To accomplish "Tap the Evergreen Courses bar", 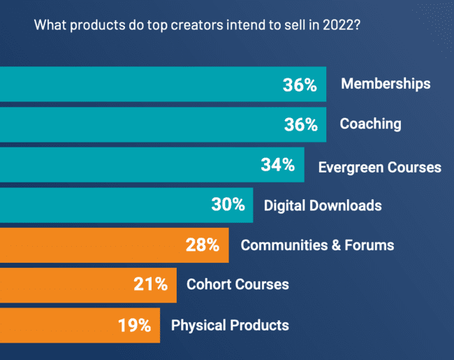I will [x=126, y=165].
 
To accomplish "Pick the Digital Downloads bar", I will [x=105, y=205].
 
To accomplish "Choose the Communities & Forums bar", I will [x=91, y=245].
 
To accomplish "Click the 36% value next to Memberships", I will [x=300, y=85].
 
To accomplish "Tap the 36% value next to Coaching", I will [x=300, y=125].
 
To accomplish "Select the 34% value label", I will [x=277, y=166].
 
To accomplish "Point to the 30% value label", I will [x=228, y=206].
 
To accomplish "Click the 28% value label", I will [x=203, y=245].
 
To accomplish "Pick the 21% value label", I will [x=150, y=285].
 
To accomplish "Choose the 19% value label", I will [x=134, y=325].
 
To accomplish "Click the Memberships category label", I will [x=386, y=85].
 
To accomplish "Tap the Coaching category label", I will [x=370, y=124].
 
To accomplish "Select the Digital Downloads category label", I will [x=323, y=206].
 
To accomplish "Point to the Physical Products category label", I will [x=230, y=325].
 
